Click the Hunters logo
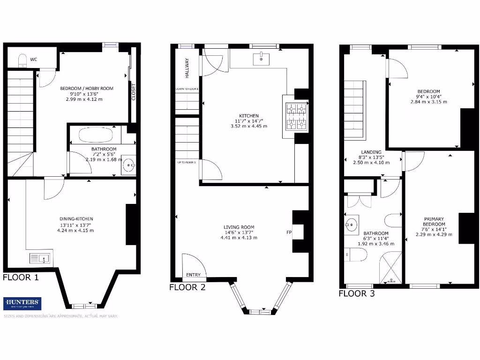pyautogui.click(x=22, y=303)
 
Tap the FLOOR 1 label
pyautogui.click(x=21, y=277)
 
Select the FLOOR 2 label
pyautogui.click(x=187, y=287)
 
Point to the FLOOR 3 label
pyautogui.click(x=357, y=294)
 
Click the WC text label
pyautogui.click(x=34, y=60)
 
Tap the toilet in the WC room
pyautogui.click(x=22, y=60)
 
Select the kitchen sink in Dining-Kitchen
pyautogui.click(x=40, y=258)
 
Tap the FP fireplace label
pyautogui.click(x=289, y=232)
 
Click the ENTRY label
pyautogui.click(x=193, y=275)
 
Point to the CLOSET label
pyautogui.click(x=133, y=92)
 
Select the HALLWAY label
pyautogui.click(x=186, y=67)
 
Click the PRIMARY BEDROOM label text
pyautogui.click(x=434, y=222)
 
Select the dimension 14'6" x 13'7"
pyautogui.click(x=239, y=232)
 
